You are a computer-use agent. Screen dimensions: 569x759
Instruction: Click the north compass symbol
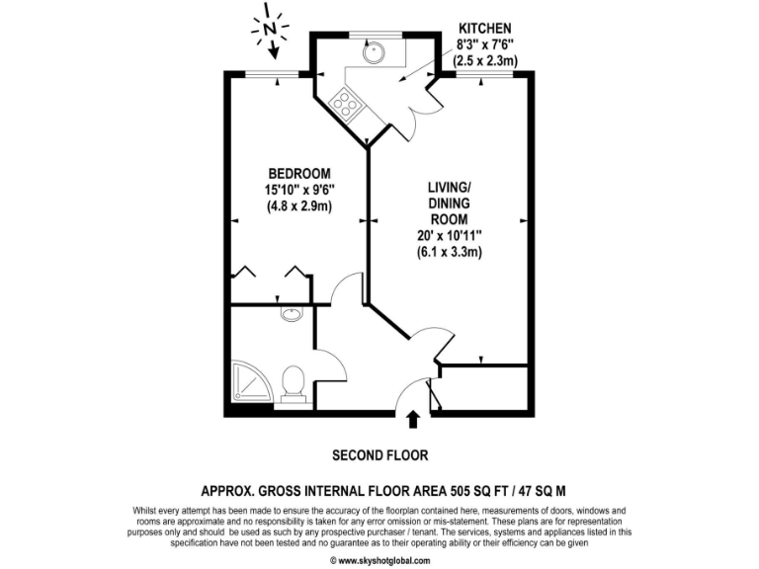click(270, 33)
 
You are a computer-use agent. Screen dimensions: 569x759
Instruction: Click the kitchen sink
click(376, 52)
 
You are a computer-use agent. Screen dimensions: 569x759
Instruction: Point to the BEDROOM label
click(298, 173)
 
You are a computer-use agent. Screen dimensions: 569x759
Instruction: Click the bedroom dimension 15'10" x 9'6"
click(298, 190)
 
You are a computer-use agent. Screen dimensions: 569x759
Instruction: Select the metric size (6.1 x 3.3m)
click(449, 252)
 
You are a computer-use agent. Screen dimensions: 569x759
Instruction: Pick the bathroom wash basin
click(292, 316)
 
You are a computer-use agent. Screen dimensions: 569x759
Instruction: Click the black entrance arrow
click(413, 421)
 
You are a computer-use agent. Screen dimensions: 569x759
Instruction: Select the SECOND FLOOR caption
click(379, 455)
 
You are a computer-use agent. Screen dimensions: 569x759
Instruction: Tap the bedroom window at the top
click(273, 73)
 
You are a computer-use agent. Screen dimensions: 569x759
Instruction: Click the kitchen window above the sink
click(377, 35)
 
